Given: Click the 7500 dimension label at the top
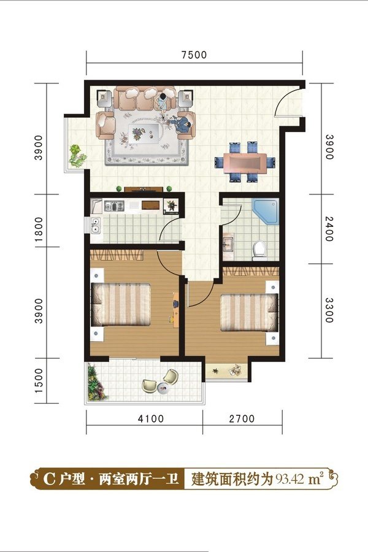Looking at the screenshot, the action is coord(194,55).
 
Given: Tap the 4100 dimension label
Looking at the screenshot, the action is coord(151,418).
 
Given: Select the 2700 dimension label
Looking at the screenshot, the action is coord(242,418).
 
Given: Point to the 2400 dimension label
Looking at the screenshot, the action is coord(329,229).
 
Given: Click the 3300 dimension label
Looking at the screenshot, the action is coord(329,310).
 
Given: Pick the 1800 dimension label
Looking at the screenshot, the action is coord(39,229).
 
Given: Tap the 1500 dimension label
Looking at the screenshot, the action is coord(39,381).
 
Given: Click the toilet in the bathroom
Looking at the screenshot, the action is coord(260,250).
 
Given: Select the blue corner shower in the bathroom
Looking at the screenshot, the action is coord(266,211).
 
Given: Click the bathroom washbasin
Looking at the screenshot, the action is coord(228,243).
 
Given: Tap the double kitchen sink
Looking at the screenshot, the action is coord(95,226).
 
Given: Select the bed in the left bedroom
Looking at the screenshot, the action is coord(121,304).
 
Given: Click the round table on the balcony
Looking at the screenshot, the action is coord(163,388).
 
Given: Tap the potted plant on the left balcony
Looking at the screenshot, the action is coord(77,155).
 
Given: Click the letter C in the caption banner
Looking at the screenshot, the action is coord(49,479).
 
